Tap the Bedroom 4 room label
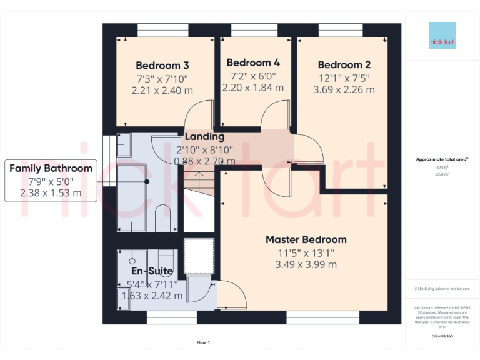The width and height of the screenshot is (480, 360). pyautogui.click(x=253, y=62)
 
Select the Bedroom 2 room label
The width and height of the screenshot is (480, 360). pyautogui.click(x=344, y=64)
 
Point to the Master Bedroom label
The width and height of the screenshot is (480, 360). pyautogui.click(x=306, y=239)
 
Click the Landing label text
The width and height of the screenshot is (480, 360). pyautogui.click(x=204, y=137)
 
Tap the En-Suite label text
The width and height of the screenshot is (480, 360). pyautogui.click(x=152, y=271)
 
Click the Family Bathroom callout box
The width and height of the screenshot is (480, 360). pyautogui.click(x=51, y=180)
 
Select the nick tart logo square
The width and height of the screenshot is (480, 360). pyautogui.click(x=442, y=36)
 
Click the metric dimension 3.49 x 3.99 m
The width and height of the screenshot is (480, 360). pyautogui.click(x=306, y=264)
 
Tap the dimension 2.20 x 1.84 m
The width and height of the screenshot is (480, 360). pyautogui.click(x=253, y=87)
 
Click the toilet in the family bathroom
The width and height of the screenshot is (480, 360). pyautogui.click(x=162, y=216)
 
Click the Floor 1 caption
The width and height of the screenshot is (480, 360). pyautogui.click(x=203, y=342)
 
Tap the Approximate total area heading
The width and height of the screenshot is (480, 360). pyautogui.click(x=441, y=159)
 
